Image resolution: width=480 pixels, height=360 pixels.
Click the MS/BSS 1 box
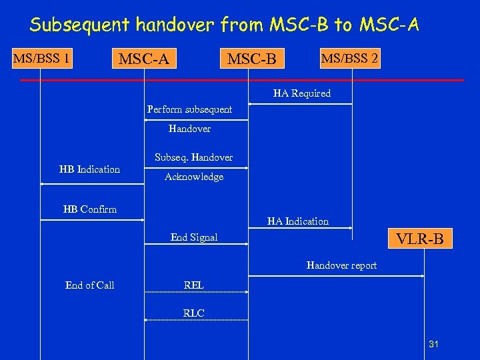tap(41, 58)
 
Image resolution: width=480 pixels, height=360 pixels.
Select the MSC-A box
tap(143, 59)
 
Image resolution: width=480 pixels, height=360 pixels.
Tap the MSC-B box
tap(252, 59)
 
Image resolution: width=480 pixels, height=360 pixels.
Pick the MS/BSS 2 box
tap(350, 58)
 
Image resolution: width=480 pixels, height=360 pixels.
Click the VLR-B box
tap(419, 238)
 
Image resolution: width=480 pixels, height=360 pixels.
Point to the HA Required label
tap(301, 93)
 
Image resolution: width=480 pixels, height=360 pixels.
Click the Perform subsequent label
tap(189, 109)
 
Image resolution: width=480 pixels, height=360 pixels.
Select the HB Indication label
tap(89, 169)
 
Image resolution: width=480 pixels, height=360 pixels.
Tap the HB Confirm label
tap(89, 209)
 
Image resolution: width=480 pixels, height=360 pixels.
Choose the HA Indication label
tap(297, 221)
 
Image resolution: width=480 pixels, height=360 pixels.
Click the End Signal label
tap(193, 237)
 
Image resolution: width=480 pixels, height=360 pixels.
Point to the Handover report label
tap(341, 265)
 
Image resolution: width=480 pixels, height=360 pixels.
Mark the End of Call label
tap(89, 285)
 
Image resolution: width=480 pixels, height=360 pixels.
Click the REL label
tap(193, 285)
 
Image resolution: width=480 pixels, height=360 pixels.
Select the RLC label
tap(193, 313)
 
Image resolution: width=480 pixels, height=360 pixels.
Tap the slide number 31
tap(433, 344)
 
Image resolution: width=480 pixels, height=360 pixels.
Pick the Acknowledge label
tap(194, 177)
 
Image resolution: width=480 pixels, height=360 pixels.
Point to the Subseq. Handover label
tap(193, 157)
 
